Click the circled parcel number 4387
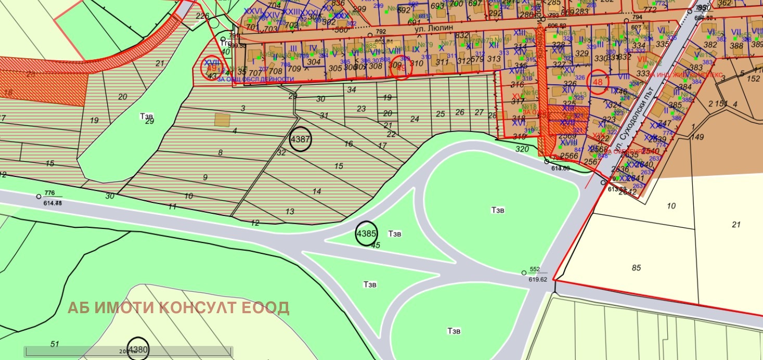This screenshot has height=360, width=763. [x=300, y=140]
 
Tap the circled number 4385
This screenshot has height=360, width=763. [x=366, y=234]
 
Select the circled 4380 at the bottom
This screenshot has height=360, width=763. [x=138, y=349]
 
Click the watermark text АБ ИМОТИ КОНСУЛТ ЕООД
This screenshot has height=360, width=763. [x=178, y=308]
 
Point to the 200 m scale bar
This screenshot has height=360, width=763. [x=128, y=352]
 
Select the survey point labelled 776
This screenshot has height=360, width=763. [x=39, y=196]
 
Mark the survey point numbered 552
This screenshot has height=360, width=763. [x=524, y=272]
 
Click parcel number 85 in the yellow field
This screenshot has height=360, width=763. [x=636, y=268]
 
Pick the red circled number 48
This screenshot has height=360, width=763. [x=598, y=82]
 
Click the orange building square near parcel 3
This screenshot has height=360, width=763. [x=223, y=119]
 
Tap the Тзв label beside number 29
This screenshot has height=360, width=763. [x=146, y=116]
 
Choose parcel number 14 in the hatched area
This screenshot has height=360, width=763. [x=317, y=191]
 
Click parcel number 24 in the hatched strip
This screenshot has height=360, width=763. [x=415, y=119]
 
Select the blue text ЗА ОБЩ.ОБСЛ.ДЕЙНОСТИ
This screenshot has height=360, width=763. [x=255, y=80]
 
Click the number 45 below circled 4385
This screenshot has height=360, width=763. [x=376, y=246]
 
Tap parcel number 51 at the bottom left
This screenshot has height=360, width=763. [x=55, y=344]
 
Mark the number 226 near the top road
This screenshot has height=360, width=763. [x=202, y=16]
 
